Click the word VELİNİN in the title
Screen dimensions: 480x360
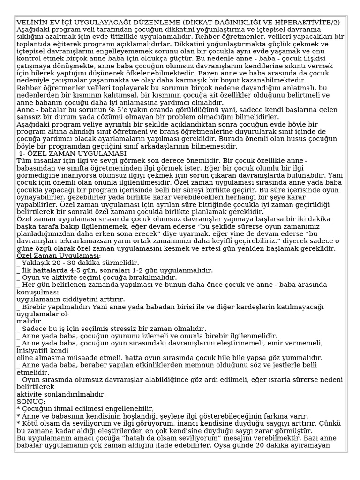pyautogui.click(x=31, y=22)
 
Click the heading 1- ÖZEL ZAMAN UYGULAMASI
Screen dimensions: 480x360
pyautogui.click(x=73, y=153)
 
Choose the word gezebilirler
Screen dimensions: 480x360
pyautogui.click(x=80, y=197)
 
